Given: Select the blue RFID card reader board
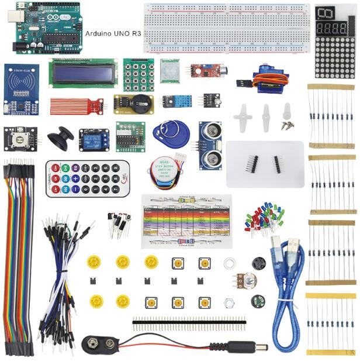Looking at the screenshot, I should coord(21,89).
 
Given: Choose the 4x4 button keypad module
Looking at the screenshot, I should coord(138,71).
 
